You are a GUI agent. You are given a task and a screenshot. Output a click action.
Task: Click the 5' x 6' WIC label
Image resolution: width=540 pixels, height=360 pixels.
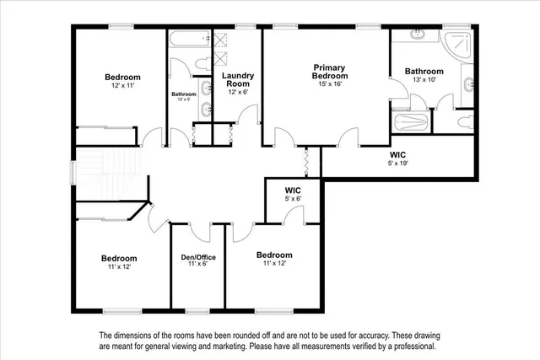[x=293, y=191]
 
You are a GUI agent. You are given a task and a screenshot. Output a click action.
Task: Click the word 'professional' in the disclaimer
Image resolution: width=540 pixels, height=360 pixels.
[x=408, y=347]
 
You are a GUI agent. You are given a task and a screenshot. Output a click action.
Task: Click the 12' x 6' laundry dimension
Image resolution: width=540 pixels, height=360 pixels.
[x=237, y=92]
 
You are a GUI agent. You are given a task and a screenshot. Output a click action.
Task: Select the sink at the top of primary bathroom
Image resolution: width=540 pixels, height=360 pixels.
[x=418, y=35]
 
